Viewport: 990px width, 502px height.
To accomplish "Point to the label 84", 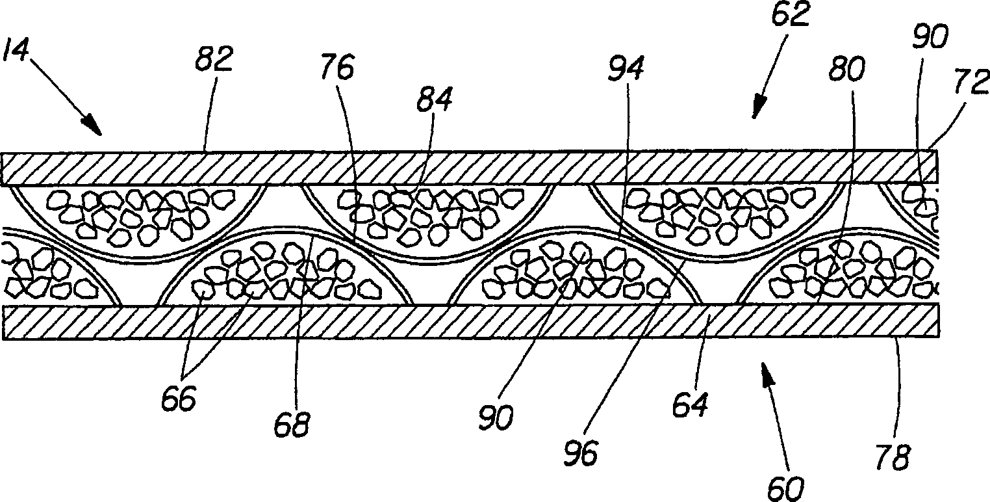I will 435,102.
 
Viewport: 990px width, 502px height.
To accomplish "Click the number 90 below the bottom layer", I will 497,416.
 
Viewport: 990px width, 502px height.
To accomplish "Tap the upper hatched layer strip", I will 468,168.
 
